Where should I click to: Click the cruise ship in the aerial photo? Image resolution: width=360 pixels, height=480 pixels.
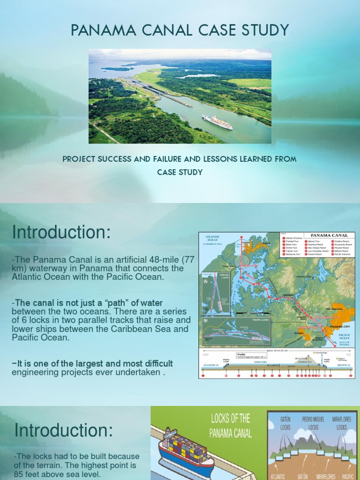point(217,122)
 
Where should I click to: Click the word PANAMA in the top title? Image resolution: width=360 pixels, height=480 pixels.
point(99,30)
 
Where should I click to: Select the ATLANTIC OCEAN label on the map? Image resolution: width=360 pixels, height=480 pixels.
point(212,239)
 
